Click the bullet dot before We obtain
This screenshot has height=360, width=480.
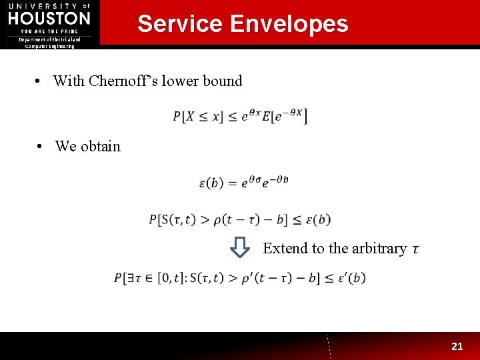point(41,146)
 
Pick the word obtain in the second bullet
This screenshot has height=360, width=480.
point(101,147)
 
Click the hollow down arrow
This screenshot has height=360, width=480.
point(240,248)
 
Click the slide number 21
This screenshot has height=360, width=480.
point(457,346)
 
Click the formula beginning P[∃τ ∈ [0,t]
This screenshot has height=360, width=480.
point(240,277)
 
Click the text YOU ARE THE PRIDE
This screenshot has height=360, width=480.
point(50,31)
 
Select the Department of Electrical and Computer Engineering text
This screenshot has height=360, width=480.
point(50,43)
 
